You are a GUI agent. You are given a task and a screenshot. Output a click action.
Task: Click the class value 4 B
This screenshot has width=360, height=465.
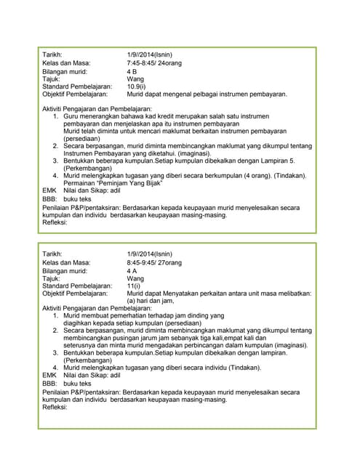pyautogui.click(x=132, y=72)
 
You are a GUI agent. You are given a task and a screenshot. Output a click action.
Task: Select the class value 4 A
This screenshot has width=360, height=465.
pyautogui.click(x=132, y=270)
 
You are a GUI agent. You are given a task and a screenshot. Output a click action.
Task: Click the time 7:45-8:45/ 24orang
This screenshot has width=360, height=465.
pyautogui.click(x=156, y=63)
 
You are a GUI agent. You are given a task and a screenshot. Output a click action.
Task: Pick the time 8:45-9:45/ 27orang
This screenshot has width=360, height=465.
pyautogui.click(x=156, y=262)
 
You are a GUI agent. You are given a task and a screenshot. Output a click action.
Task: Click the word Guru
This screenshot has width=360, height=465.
pyautogui.click(x=72, y=116)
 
